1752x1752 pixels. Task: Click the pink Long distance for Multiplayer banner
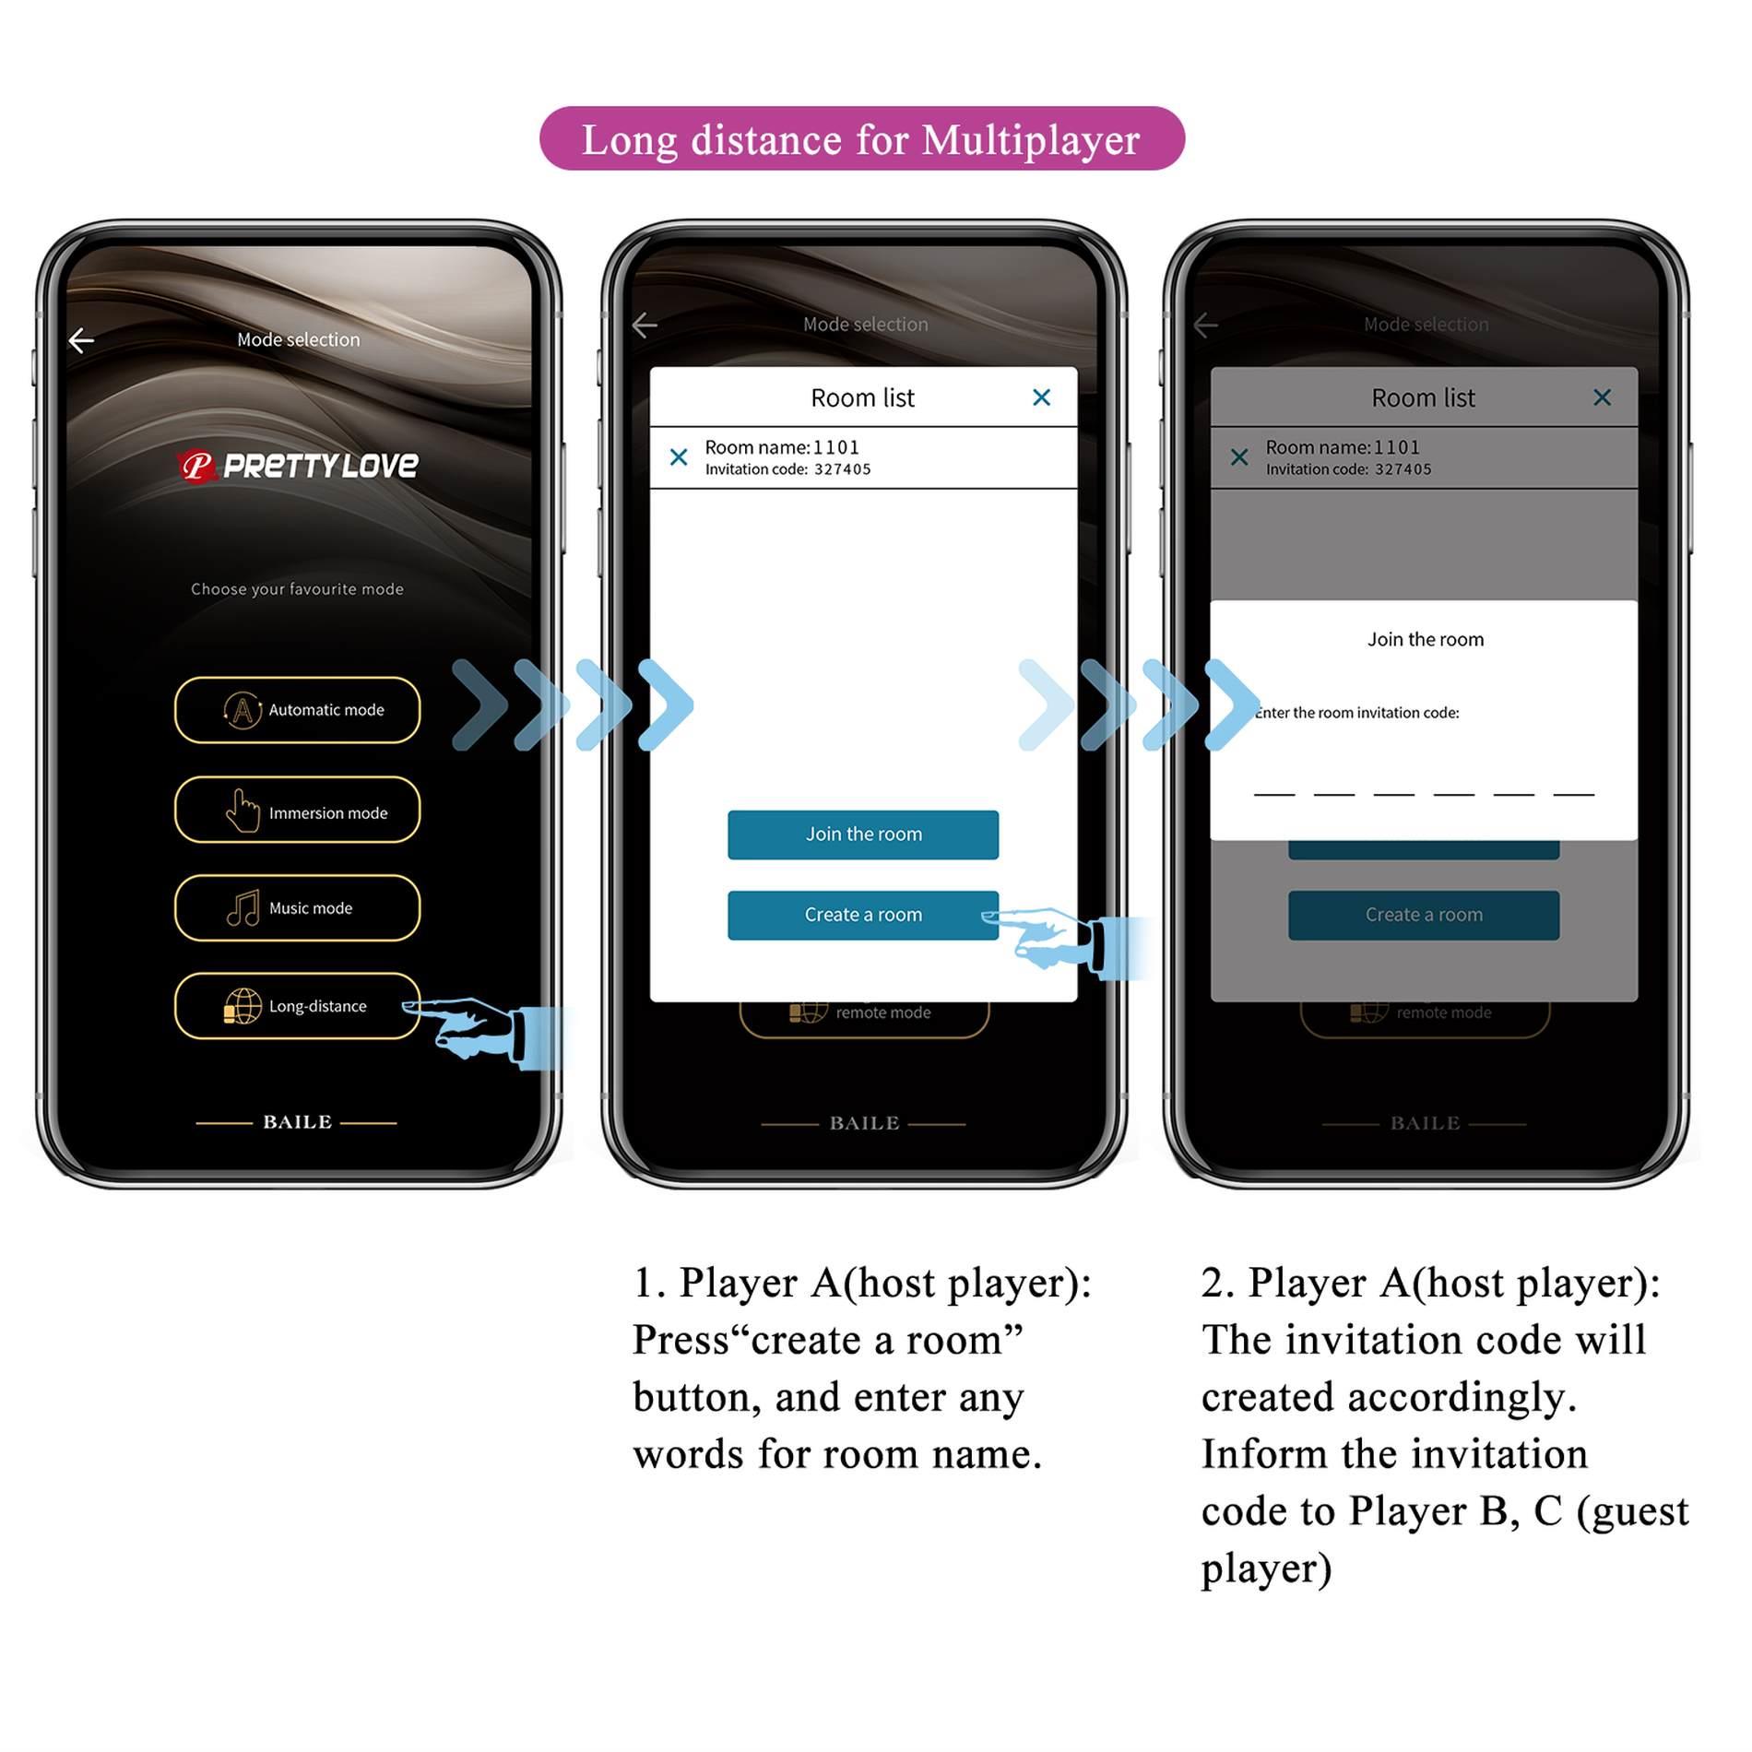pos(861,139)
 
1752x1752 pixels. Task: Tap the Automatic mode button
pos(297,710)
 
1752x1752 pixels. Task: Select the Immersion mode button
pos(297,811)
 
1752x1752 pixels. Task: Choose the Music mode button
pos(297,908)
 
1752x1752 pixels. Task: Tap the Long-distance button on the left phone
pos(297,1006)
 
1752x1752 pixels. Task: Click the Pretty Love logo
pos(297,466)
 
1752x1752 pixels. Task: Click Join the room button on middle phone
pos(862,835)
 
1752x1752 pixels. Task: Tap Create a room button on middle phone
pos(862,915)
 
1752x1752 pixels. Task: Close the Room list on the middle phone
pos(1041,397)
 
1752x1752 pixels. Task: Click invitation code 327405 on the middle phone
pos(842,469)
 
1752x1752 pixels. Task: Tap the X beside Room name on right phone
pos(1239,457)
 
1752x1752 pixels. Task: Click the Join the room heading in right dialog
pos(1425,640)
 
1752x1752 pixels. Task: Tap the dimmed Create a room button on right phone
pos(1423,915)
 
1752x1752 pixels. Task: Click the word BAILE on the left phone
pos(297,1122)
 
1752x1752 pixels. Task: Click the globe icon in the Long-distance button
pos(243,1006)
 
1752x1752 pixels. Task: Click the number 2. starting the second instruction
pos(1217,1284)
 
